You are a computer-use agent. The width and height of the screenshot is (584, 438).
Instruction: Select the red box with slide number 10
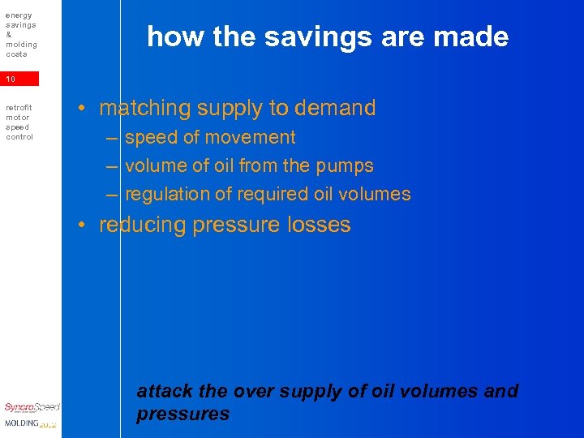click(x=19, y=79)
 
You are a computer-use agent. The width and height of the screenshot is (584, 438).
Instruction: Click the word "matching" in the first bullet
click(x=144, y=109)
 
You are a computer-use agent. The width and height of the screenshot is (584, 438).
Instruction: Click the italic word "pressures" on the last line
click(x=183, y=414)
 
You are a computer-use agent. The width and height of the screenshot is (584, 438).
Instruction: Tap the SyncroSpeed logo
click(x=31, y=407)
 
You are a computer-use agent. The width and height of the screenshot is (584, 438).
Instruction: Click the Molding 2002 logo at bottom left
click(x=30, y=423)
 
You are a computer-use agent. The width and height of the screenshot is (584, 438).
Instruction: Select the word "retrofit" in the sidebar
click(x=19, y=108)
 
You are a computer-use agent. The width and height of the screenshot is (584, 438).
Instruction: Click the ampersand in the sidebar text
click(x=8, y=35)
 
